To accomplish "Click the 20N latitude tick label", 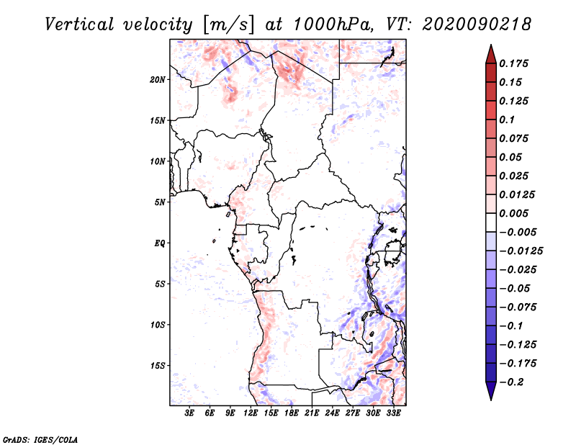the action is [158, 80].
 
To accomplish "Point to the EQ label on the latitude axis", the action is [159, 243].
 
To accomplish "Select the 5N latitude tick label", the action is [160, 202].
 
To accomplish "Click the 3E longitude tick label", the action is [189, 413].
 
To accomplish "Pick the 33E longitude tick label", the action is [393, 413].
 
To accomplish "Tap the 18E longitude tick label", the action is [292, 413].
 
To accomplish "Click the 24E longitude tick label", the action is [332, 413].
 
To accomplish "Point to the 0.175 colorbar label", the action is [513, 63].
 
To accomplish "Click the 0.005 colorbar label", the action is [513, 213].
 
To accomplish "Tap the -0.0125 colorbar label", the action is [521, 251].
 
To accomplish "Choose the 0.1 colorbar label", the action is [507, 120].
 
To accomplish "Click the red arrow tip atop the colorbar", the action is [491, 45].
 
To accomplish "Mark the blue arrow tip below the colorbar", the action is [491, 400].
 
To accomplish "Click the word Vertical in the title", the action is [79, 24].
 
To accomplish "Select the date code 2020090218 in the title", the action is [477, 24].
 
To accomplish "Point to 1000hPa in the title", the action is [332, 24].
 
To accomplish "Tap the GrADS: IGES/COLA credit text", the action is [40, 440].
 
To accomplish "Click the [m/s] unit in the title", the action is [228, 24].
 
